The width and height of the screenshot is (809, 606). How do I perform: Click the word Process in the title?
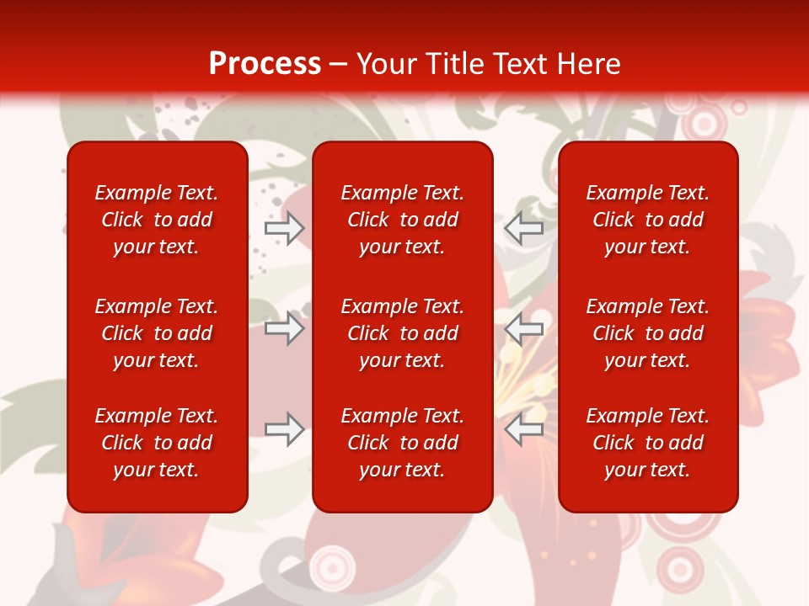(x=265, y=64)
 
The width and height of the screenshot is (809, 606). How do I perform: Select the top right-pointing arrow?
(x=284, y=228)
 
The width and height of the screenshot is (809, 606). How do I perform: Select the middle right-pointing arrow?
(x=284, y=328)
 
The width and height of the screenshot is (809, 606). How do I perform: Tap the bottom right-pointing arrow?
(x=284, y=429)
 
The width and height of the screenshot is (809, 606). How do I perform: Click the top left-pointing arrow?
(x=523, y=228)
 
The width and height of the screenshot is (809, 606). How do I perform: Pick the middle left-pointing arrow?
(x=523, y=328)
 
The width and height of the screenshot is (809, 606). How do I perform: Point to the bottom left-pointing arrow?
(x=523, y=429)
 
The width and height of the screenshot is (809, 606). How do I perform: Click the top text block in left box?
(x=157, y=220)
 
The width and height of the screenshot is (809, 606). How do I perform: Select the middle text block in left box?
(x=157, y=333)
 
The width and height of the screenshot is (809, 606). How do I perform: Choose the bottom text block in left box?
(x=157, y=443)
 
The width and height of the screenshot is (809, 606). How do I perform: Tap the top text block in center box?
(x=402, y=220)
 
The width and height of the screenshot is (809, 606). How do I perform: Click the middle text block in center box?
(x=402, y=333)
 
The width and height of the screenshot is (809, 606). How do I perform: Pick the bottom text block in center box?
(x=402, y=443)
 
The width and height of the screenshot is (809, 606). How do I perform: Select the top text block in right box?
(x=647, y=220)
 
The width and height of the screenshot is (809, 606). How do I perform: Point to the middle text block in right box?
(x=647, y=333)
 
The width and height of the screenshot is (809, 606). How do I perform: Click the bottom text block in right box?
(x=647, y=443)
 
